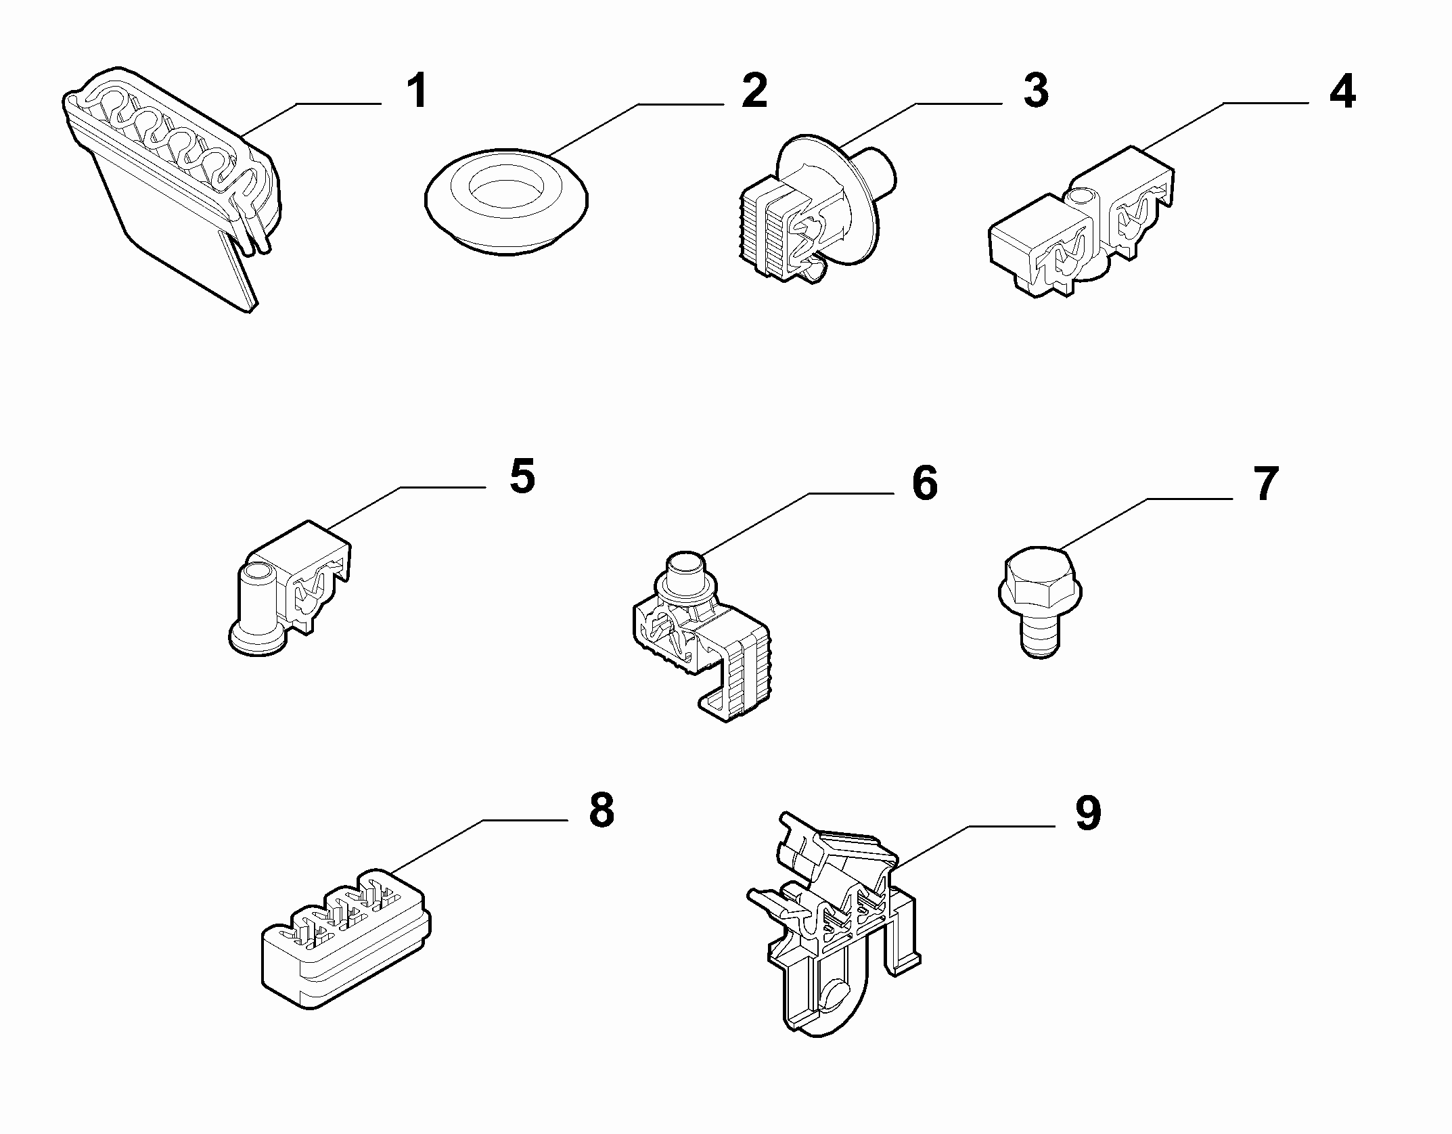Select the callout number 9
pos(1087,813)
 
